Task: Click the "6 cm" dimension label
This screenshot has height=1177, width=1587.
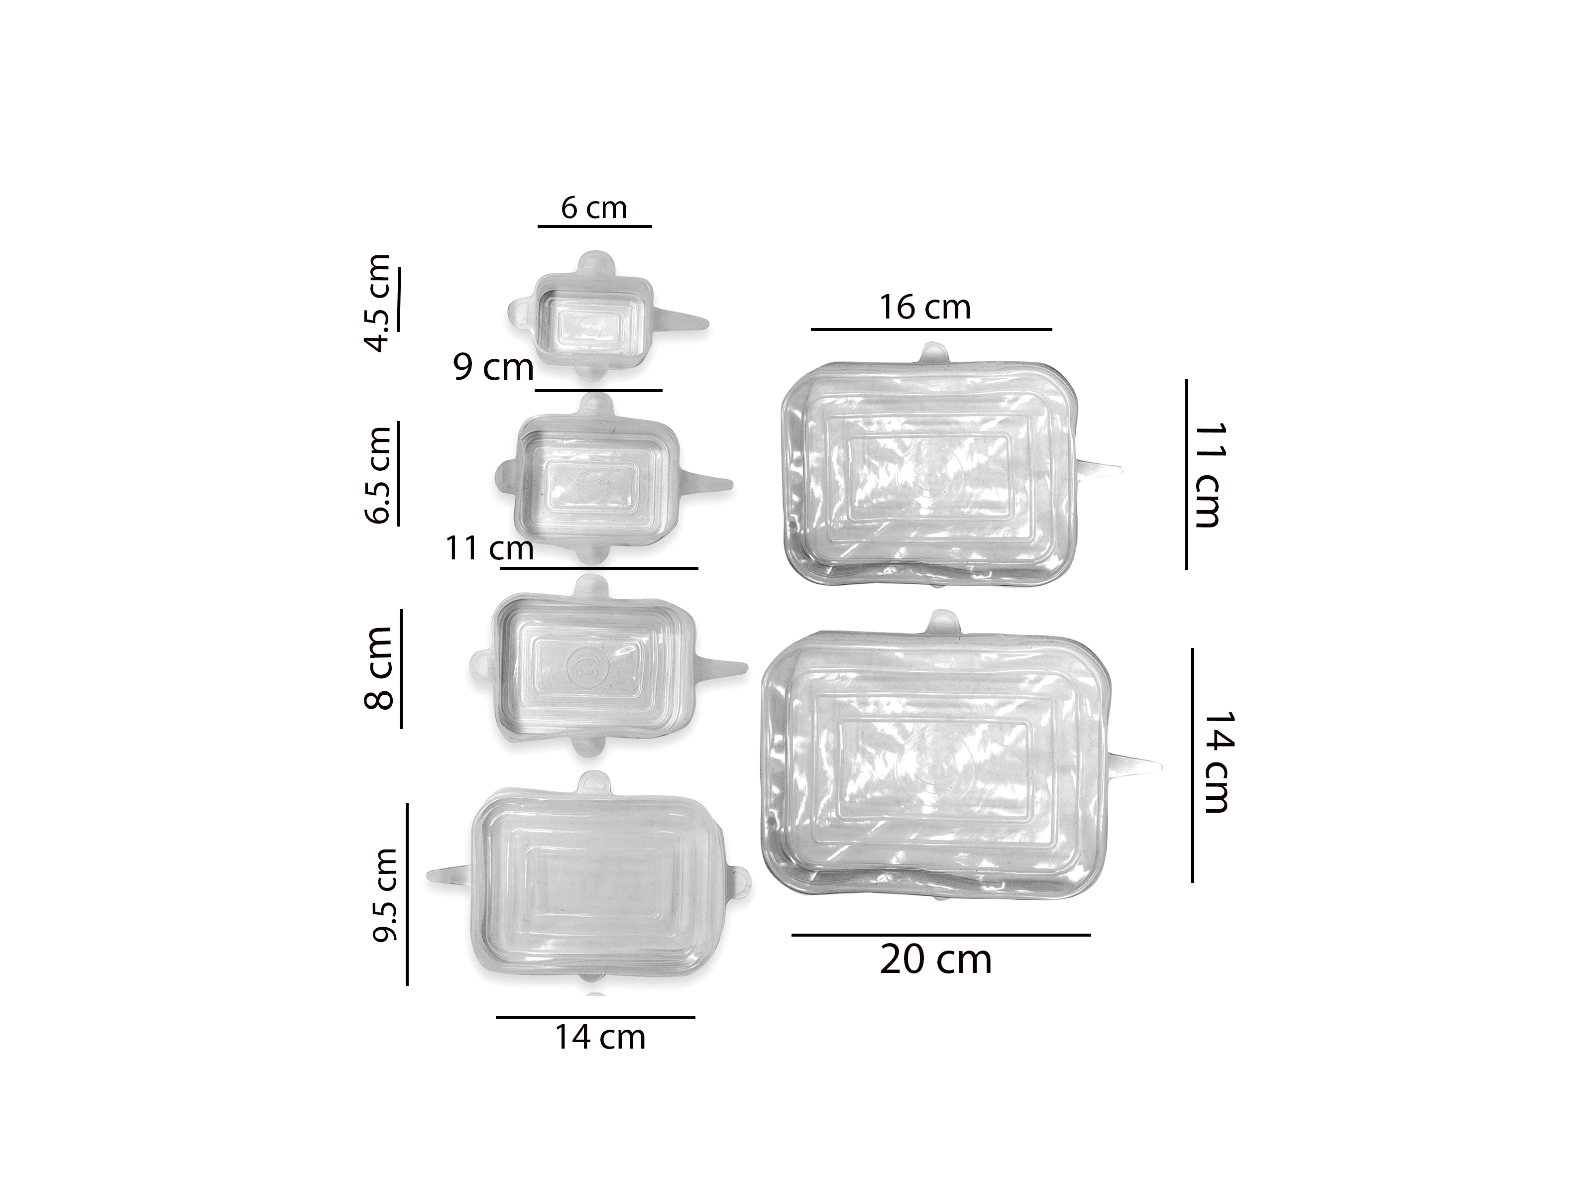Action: (593, 208)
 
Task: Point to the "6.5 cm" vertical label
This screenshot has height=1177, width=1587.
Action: (378, 475)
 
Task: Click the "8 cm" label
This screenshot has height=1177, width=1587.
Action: (378, 667)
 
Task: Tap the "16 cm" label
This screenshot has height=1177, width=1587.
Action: (924, 308)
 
